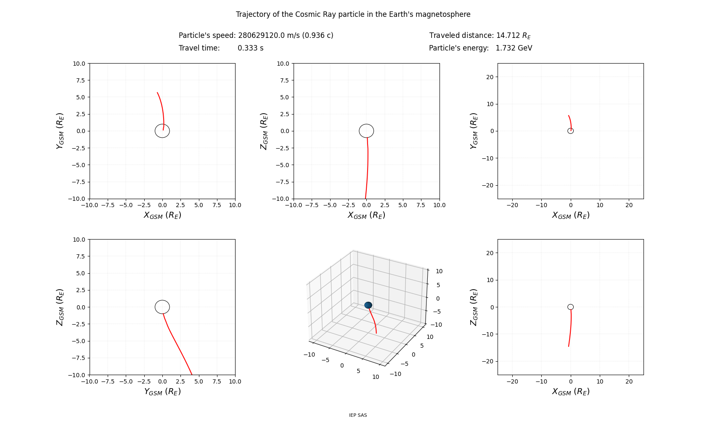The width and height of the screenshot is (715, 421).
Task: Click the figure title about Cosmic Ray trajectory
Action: tap(353, 14)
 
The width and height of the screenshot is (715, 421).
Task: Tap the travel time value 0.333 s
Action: tap(250, 48)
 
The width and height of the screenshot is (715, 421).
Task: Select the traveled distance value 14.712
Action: tap(508, 35)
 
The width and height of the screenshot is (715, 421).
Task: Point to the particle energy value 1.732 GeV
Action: tap(514, 48)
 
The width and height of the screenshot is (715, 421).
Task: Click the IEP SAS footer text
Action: tap(357, 415)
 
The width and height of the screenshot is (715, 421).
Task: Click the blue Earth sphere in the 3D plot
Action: tap(368, 305)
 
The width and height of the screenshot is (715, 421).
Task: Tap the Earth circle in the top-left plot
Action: tap(162, 131)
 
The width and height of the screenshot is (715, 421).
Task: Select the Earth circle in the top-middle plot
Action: tap(366, 131)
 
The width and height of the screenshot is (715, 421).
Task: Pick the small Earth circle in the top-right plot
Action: tap(570, 131)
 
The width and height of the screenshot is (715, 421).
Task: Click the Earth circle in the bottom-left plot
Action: tap(162, 307)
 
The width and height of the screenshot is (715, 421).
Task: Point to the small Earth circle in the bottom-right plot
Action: tap(570, 307)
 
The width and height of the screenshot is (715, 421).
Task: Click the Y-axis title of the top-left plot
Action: tap(60, 131)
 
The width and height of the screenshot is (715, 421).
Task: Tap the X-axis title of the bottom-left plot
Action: tap(162, 392)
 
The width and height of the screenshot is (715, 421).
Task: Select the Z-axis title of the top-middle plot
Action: tap(264, 131)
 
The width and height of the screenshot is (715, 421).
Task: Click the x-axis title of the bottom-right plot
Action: tap(570, 392)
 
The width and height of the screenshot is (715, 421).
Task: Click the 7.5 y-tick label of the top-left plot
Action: tap(80, 80)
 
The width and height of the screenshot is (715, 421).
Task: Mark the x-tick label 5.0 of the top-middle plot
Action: tap(403, 205)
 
